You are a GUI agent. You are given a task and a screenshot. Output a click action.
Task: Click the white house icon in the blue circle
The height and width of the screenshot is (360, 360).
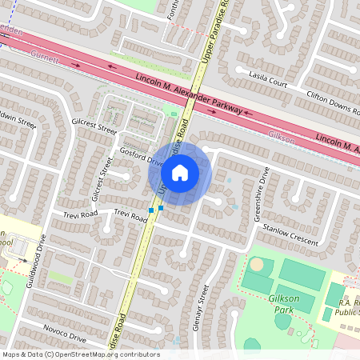click(x=180, y=172)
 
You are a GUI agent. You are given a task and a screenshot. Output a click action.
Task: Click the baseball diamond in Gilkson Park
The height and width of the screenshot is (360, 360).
click(x=257, y=265)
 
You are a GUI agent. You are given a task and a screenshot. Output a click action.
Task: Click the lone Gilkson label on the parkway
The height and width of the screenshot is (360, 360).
click(x=282, y=136)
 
